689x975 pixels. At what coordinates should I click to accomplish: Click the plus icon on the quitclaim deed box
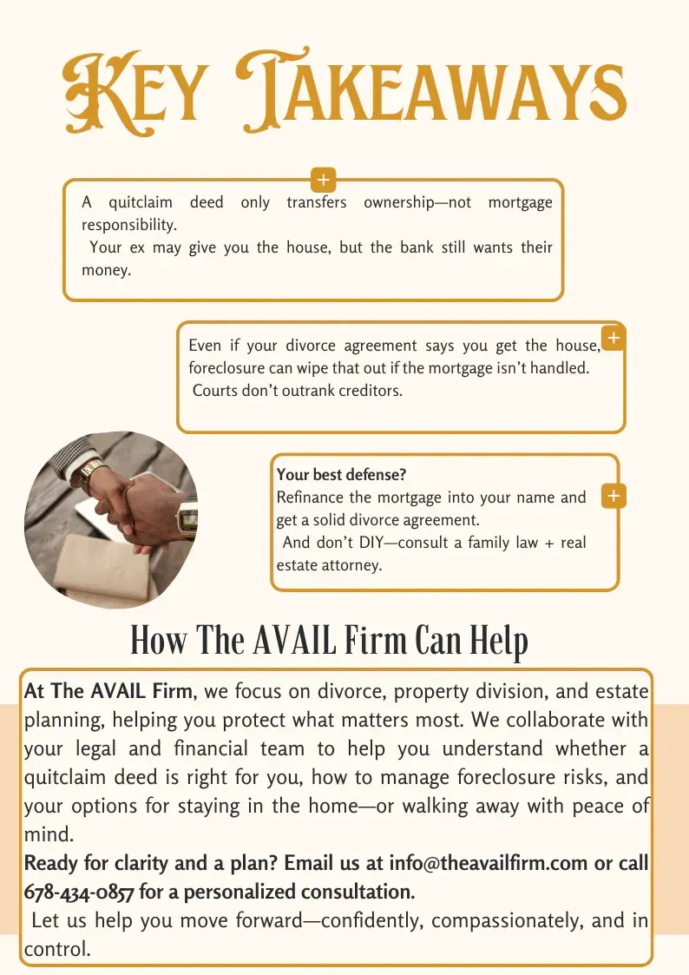[x=323, y=181]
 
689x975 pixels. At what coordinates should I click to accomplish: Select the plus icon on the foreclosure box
[x=614, y=338]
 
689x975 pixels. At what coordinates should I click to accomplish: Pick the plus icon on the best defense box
[x=614, y=497]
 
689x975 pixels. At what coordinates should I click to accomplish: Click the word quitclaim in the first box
[x=141, y=202]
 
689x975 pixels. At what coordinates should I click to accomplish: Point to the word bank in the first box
[x=417, y=247]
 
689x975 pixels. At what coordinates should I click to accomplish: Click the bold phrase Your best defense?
[x=341, y=475]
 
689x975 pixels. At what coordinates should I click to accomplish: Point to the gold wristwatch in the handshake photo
[x=89, y=474]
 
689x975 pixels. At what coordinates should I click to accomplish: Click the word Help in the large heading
[x=498, y=642]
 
